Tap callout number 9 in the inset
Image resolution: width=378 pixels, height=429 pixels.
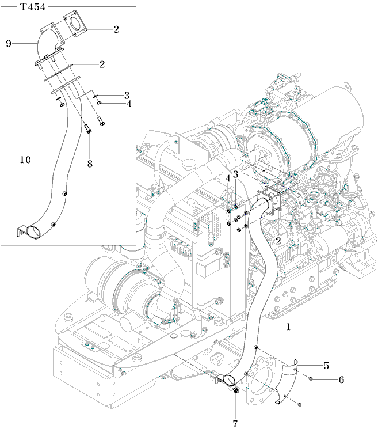coord(9,43)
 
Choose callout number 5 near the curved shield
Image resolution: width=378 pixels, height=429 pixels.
coord(326,365)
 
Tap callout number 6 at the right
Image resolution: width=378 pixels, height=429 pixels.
coord(341,380)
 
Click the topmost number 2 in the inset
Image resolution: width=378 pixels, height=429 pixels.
coord(116,29)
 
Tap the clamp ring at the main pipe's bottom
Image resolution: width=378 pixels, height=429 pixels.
coord(227,379)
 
